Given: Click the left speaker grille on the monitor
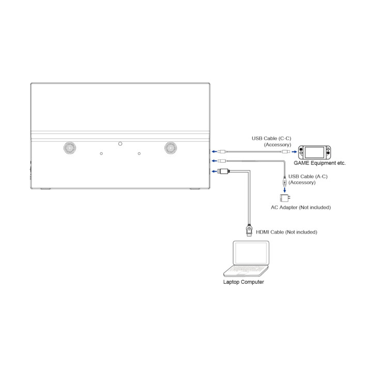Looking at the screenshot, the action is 70,148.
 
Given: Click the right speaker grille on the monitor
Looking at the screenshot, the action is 171,148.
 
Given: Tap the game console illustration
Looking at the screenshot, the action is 314,152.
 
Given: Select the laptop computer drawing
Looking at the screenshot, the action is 246,259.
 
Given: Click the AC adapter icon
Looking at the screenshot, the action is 285,198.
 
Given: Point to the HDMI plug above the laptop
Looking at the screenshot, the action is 249,230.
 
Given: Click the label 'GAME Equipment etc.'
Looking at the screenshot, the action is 320,163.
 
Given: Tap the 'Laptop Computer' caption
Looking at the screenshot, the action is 243,282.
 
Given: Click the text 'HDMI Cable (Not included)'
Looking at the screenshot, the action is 286,232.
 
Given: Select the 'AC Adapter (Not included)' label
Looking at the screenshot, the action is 301,207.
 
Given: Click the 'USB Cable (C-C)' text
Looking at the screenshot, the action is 271,138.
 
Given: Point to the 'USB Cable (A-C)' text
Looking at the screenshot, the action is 308,177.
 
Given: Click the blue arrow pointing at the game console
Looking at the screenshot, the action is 294,151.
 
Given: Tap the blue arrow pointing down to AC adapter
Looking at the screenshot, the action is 285,190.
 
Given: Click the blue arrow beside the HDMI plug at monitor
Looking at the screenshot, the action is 214,171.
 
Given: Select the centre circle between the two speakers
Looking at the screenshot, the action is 120,144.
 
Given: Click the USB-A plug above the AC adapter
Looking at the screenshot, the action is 285,181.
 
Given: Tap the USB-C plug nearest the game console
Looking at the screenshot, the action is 286,151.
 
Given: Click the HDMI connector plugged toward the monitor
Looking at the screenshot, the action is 224,171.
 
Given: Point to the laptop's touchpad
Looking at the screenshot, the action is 242,274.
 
